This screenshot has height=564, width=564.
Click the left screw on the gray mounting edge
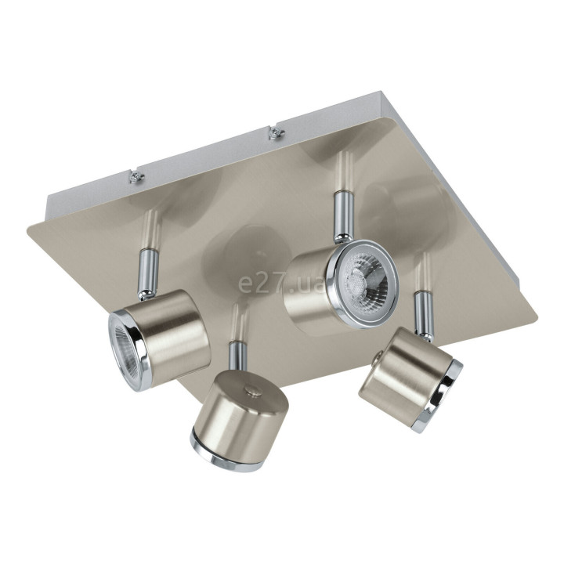point(136,176)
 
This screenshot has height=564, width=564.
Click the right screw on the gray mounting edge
point(276,132)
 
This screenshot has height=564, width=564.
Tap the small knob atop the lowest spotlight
point(252,391)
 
